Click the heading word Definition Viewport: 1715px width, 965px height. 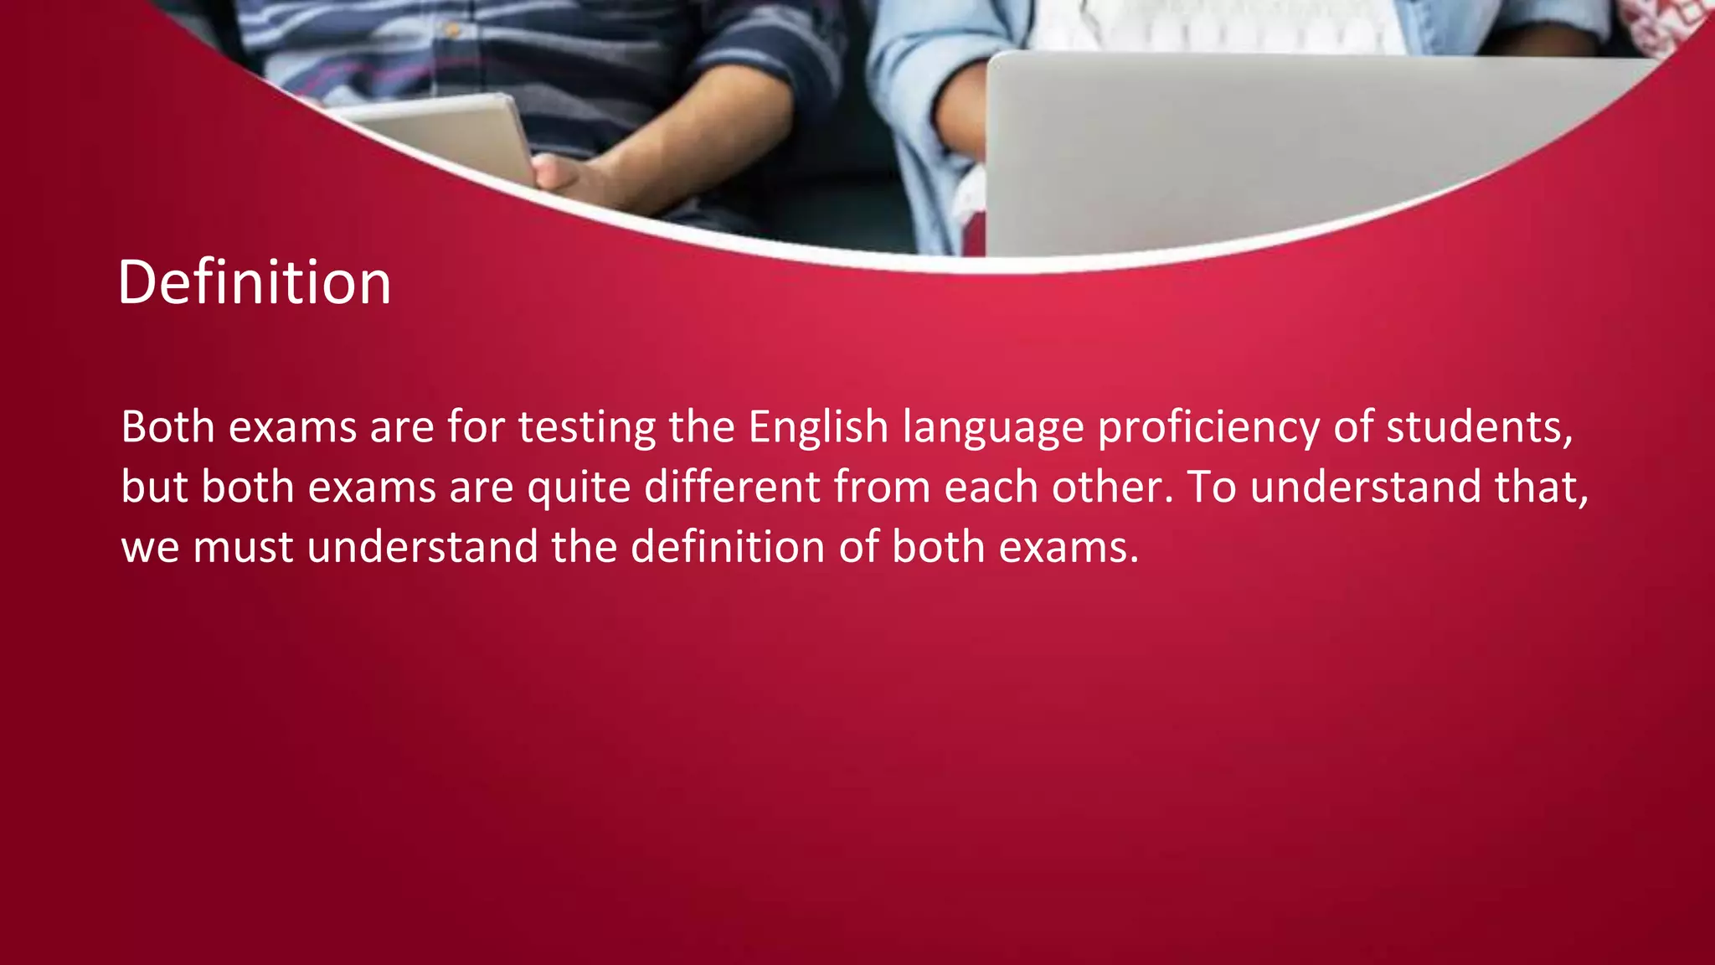click(255, 282)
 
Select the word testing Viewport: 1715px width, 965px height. click(586, 427)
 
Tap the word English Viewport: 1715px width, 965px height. click(817, 427)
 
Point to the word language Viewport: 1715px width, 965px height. click(992, 429)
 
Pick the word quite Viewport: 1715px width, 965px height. click(578, 488)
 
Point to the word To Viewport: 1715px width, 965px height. click(1211, 487)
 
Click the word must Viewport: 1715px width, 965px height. click(243, 548)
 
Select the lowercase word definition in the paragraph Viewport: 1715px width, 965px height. click(727, 547)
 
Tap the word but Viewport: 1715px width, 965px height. click(154, 487)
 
